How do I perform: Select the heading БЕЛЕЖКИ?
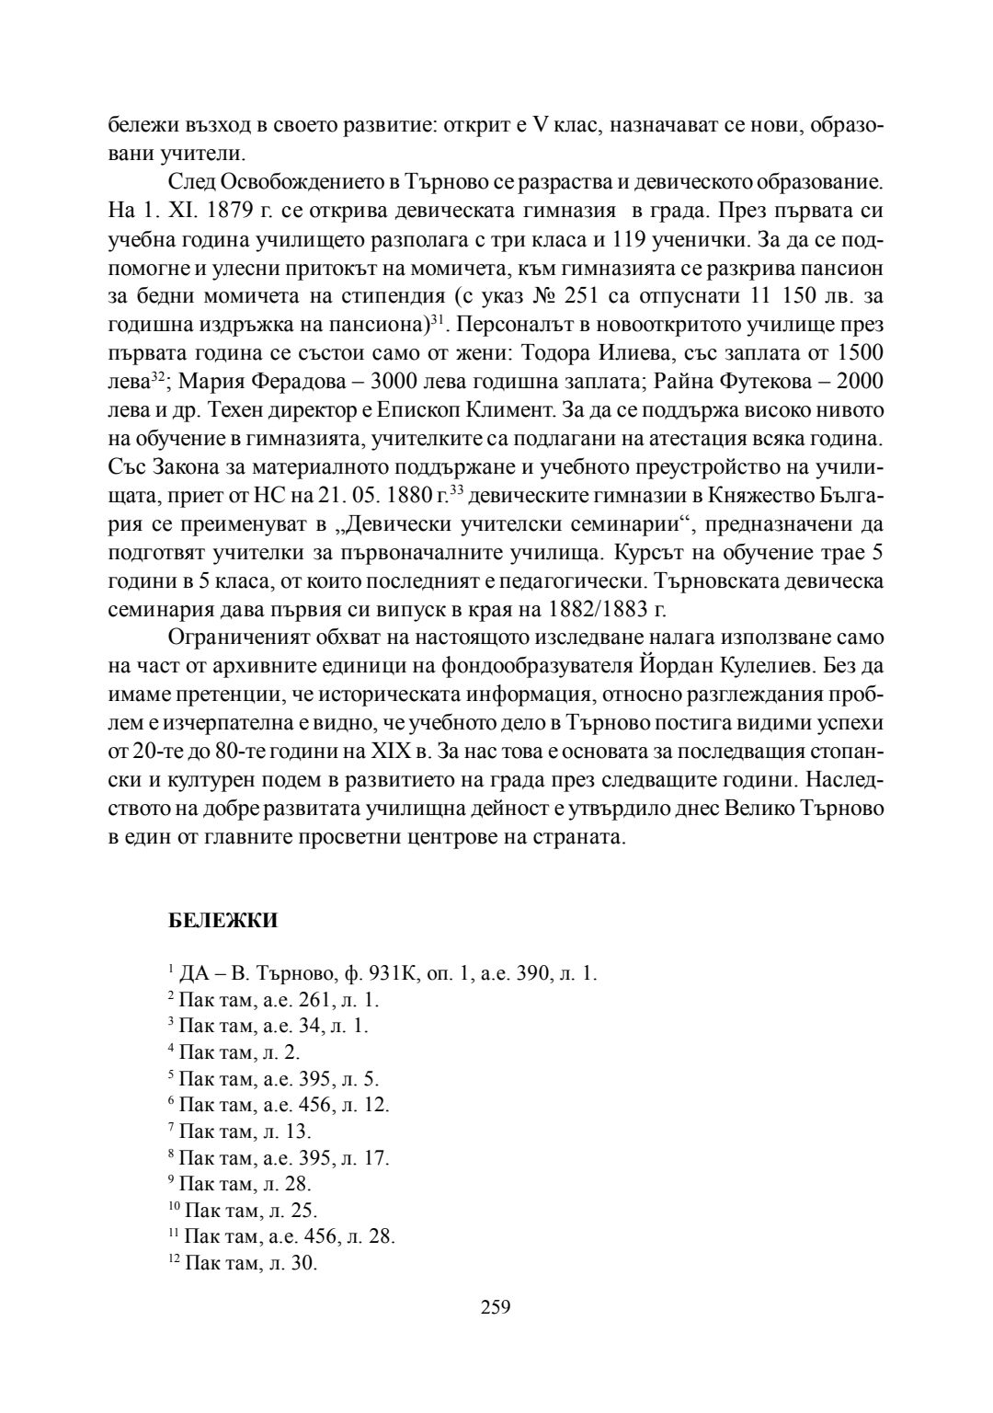[x=223, y=919]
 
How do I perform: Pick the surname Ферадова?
[x=297, y=381]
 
